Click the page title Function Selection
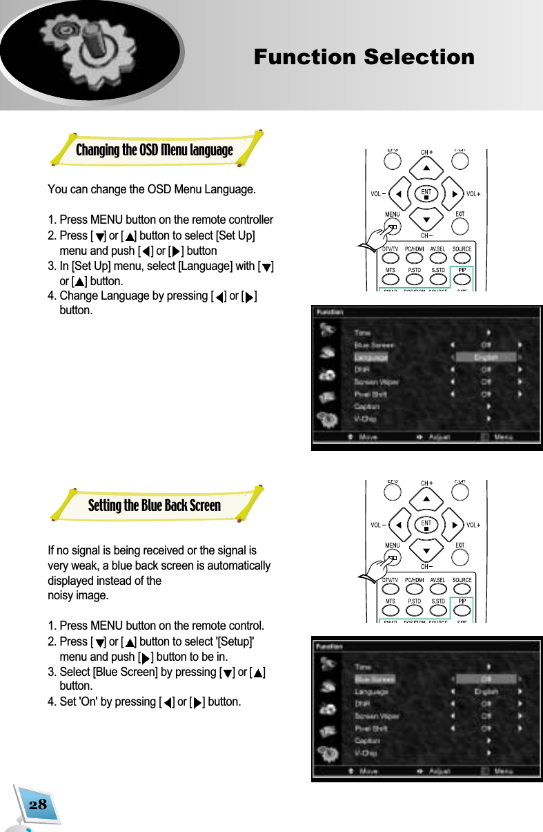click(364, 57)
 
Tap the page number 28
click(38, 804)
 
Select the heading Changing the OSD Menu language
click(154, 150)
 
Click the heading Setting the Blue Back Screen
click(154, 505)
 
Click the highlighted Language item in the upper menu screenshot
click(371, 358)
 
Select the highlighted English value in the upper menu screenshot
click(485, 358)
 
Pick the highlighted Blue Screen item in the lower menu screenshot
click(375, 679)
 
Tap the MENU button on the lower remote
click(392, 557)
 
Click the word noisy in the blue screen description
click(61, 595)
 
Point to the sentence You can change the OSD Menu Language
click(151, 189)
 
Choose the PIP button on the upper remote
click(461, 274)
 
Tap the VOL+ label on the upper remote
click(474, 194)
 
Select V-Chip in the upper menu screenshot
click(365, 419)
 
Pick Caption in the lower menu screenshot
click(366, 741)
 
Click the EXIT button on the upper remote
click(460, 225)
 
